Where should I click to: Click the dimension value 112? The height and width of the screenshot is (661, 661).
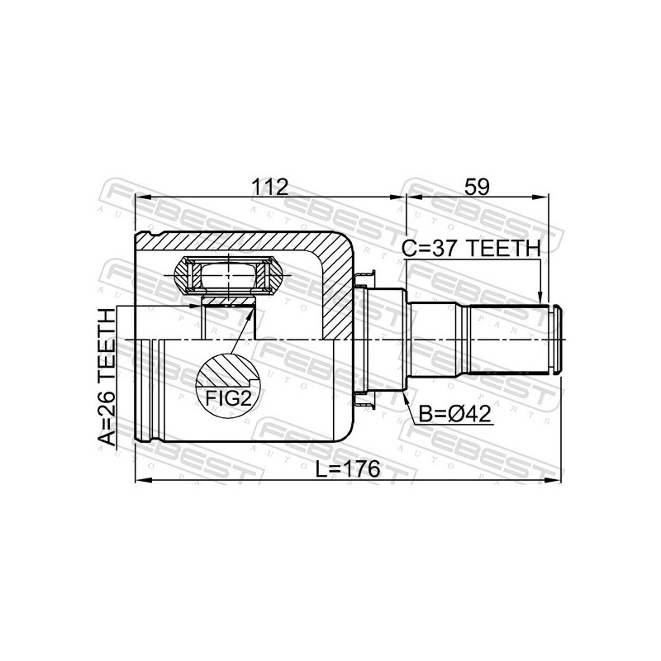pos(270,188)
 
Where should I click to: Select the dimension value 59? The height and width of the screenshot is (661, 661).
pos(477,188)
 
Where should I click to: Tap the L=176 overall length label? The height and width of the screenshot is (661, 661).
pos(348,468)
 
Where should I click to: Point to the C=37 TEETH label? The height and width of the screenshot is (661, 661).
pos(471,249)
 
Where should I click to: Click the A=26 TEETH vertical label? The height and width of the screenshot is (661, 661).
pos(107,378)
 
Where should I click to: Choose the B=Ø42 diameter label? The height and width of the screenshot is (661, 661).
pos(455,415)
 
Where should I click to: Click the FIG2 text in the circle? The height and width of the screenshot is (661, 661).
pos(228,398)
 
